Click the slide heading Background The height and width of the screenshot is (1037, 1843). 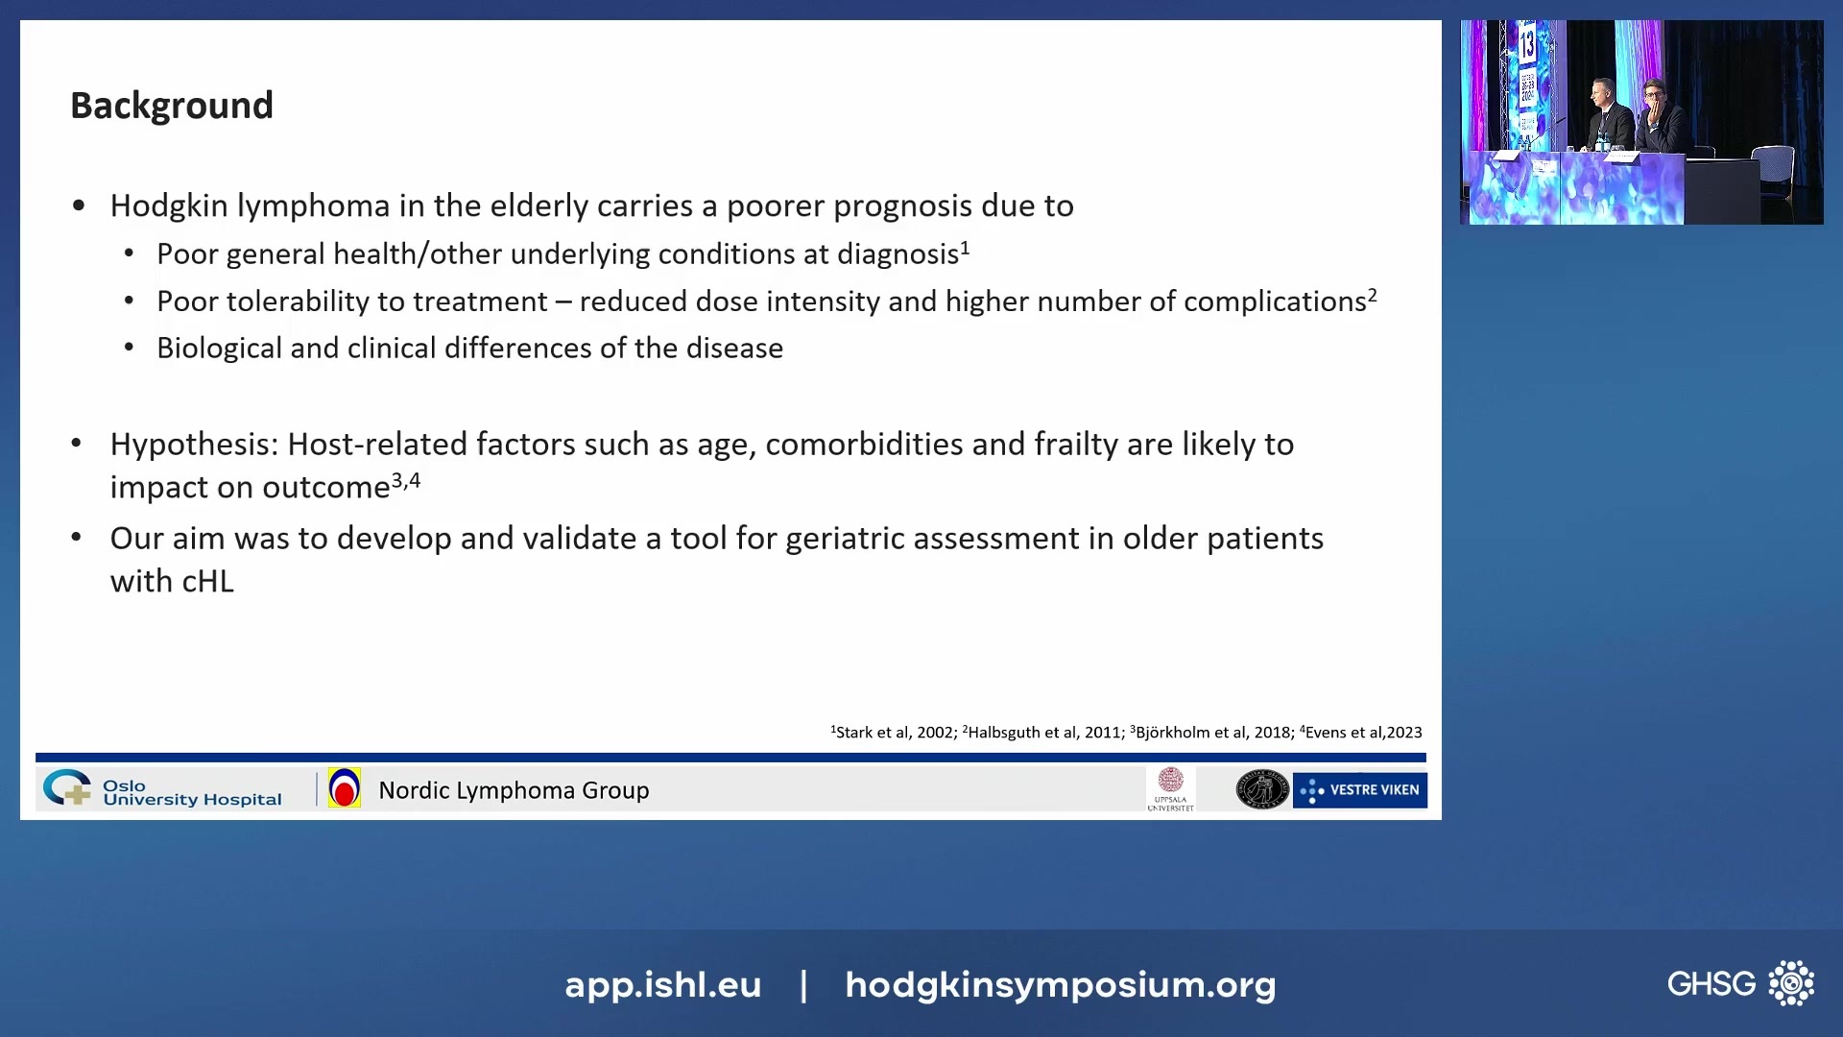click(x=172, y=106)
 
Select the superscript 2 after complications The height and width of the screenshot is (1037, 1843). click(x=1373, y=295)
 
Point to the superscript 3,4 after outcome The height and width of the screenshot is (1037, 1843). click(x=406, y=481)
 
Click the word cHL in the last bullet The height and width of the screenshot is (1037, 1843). click(x=207, y=582)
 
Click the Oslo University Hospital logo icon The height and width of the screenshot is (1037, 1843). click(x=67, y=788)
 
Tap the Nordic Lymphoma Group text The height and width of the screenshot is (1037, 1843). click(x=514, y=790)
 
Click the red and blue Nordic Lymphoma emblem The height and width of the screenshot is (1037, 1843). click(x=344, y=788)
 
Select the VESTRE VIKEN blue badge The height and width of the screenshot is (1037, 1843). click(x=1359, y=790)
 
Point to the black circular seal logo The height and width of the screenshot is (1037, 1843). click(x=1261, y=789)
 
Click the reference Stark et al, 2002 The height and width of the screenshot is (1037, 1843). click(x=893, y=733)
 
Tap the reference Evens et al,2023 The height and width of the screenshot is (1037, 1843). click(x=1362, y=733)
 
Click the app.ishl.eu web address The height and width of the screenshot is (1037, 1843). click(x=662, y=985)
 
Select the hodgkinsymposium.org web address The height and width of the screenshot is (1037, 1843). click(x=1060, y=985)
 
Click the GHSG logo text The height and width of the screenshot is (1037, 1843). click(x=1711, y=984)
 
